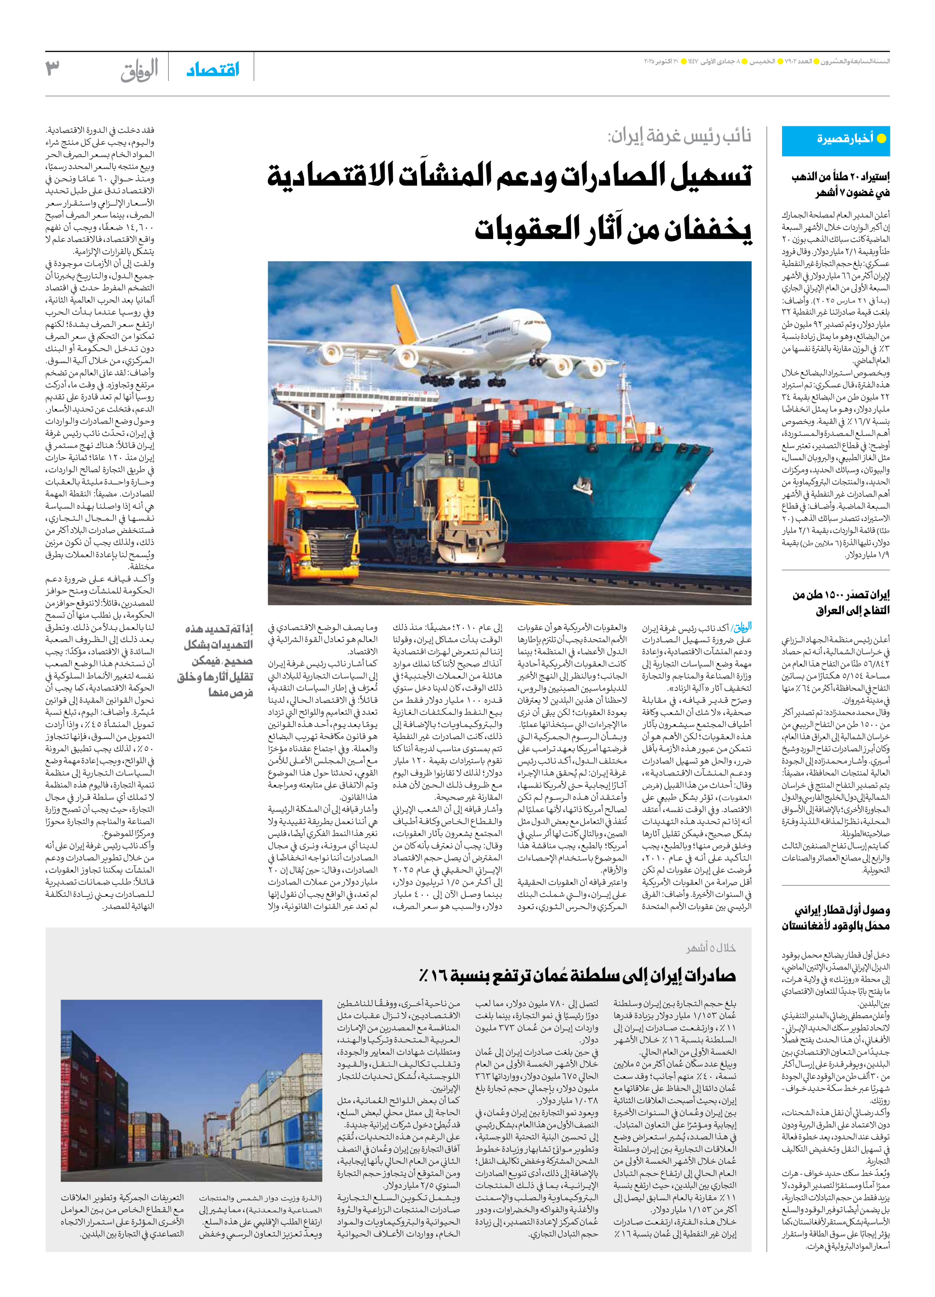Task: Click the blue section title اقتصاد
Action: (213, 70)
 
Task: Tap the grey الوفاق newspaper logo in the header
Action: (140, 70)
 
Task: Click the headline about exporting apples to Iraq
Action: (841, 603)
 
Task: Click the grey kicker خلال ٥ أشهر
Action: (711, 948)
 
